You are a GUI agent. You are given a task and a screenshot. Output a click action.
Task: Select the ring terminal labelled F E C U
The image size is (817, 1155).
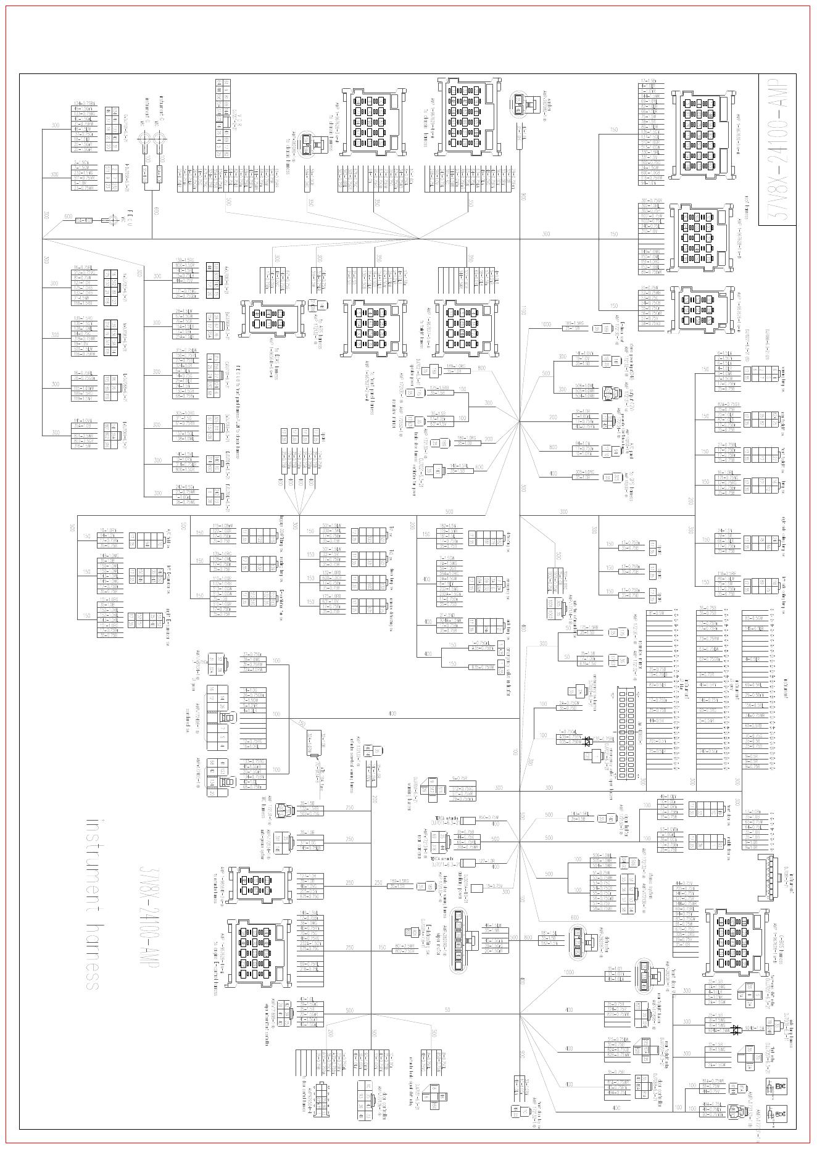112,220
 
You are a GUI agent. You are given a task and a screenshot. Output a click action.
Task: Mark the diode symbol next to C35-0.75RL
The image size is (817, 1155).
588,740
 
